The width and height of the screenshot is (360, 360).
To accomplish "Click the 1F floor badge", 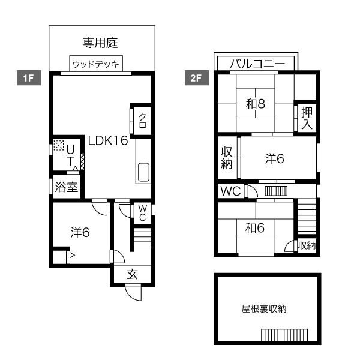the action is pos(29,78).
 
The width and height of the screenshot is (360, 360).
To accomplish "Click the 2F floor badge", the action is pos(197,78).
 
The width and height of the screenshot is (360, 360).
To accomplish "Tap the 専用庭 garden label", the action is pos(100,43).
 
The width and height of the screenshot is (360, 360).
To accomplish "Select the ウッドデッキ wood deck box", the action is pos(96,64).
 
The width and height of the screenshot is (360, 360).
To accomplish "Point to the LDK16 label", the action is pos(108,140).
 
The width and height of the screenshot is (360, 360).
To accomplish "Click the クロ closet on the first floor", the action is pos(142,121).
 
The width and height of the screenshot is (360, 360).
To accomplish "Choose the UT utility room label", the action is pos(70,155).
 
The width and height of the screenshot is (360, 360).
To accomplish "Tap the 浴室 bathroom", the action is pos(67,187).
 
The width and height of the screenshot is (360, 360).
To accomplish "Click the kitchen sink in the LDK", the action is pos(143,172).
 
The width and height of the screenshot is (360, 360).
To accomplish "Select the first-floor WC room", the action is pos(142,213).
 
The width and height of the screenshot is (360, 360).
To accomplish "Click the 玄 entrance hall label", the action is pos(133,274).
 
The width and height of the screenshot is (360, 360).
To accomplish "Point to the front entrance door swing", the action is pos(133,292).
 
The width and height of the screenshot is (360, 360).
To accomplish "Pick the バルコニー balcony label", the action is pos(257,64).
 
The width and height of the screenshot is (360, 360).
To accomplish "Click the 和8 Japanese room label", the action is pos(256,104).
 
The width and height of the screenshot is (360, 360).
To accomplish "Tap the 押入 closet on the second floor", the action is pos(307,118).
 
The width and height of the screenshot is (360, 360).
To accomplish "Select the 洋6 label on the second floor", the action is pos(275,158).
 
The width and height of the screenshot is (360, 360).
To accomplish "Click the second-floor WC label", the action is pos(230,191).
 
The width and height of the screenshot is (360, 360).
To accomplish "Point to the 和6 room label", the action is pos(254,228).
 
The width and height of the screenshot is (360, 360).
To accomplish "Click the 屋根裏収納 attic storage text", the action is pos(264,309).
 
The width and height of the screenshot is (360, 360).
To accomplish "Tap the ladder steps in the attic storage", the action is pos(284,335).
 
